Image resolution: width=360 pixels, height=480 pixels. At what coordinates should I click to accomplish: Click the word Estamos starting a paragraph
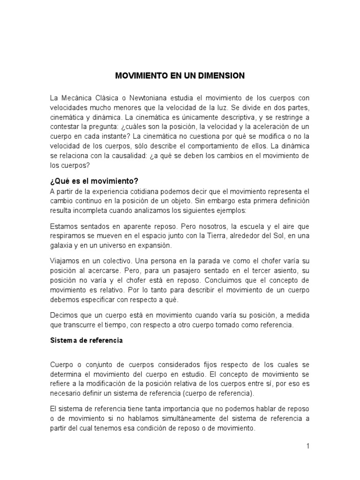click(x=64, y=226)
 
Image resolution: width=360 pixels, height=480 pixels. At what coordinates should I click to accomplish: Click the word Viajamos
click(x=65, y=261)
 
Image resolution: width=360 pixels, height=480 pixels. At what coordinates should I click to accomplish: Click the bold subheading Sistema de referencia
click(x=86, y=340)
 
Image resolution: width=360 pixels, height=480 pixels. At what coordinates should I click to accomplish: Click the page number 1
click(x=308, y=446)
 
